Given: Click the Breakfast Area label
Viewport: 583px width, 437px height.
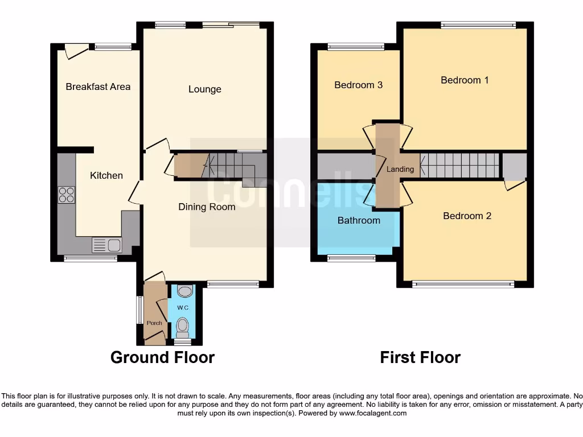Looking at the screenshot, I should [x=98, y=86].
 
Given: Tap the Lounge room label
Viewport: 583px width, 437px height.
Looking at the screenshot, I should [x=204, y=89].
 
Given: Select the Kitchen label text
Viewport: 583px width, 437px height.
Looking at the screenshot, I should [x=106, y=175].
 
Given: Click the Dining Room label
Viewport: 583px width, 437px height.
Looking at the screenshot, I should [x=207, y=207].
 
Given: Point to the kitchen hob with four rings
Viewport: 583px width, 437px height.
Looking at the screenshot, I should [x=66, y=195].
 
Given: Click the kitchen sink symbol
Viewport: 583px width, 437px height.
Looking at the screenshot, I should [x=106, y=245].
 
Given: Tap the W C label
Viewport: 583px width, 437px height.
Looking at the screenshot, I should [x=182, y=308].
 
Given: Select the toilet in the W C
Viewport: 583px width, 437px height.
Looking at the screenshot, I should [x=183, y=327].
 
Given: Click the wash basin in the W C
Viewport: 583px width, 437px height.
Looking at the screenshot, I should [x=184, y=291].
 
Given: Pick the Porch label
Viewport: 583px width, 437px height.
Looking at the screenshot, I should [x=154, y=323].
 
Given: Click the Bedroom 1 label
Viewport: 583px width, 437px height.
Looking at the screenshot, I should [x=465, y=80].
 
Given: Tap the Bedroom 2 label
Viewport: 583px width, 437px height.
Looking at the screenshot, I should [x=467, y=216].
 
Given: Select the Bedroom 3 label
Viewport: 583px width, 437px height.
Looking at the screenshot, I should [x=358, y=85].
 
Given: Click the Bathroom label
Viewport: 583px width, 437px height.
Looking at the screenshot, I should [x=359, y=220].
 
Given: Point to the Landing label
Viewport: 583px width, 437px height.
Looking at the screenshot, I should [x=400, y=169].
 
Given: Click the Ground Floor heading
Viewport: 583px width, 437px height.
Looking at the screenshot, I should [x=162, y=357].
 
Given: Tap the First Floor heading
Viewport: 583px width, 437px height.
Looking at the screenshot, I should [x=420, y=357].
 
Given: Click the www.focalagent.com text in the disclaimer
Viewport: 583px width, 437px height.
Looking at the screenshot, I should [x=372, y=413].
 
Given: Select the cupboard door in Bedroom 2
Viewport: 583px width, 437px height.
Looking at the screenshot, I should [x=515, y=185].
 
